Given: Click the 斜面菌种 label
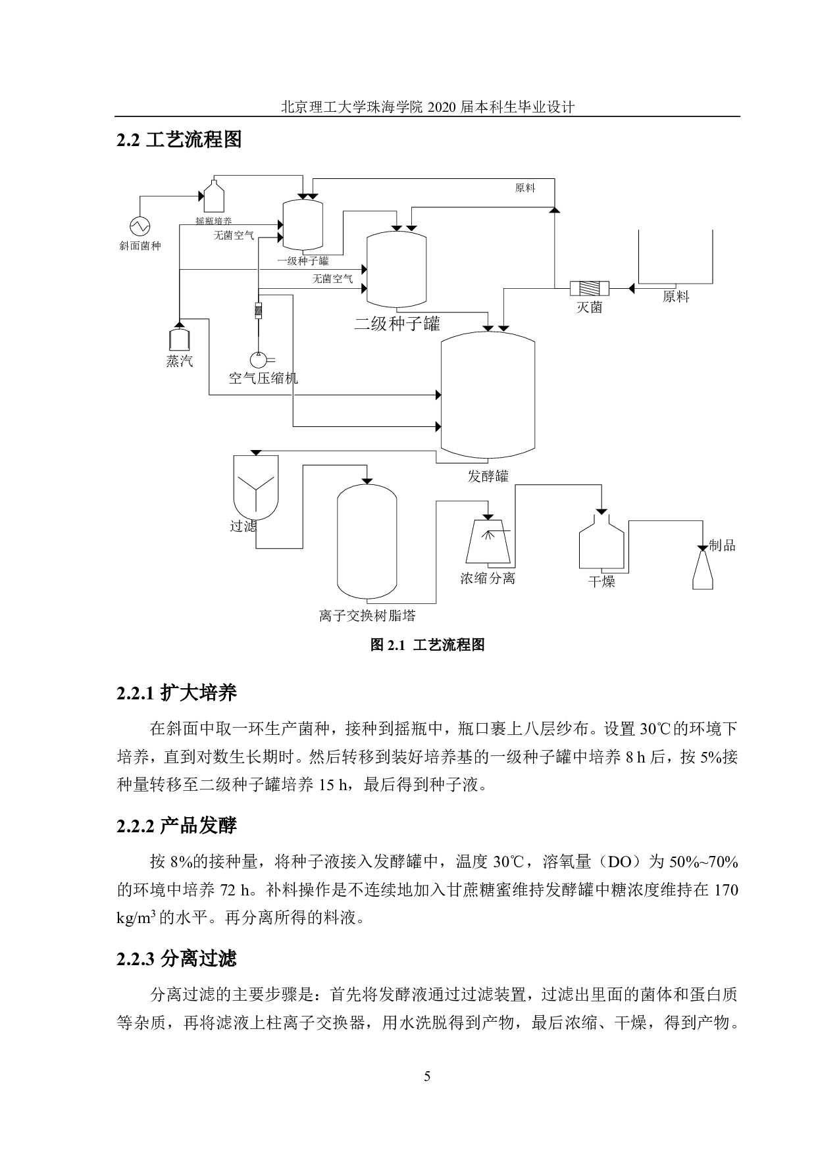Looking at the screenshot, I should [x=140, y=246].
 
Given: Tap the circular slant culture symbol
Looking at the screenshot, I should [x=140, y=226].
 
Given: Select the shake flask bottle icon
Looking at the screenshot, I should [x=214, y=196].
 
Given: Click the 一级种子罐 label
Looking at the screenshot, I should [x=303, y=261].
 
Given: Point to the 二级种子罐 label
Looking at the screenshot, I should [x=397, y=324].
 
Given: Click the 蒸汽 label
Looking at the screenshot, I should [x=180, y=361].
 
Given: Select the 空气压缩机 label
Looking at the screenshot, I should [x=263, y=378].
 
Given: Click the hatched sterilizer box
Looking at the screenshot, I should [x=589, y=288].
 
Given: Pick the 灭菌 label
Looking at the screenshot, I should [x=589, y=307].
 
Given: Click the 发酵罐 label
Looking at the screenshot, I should [x=488, y=476].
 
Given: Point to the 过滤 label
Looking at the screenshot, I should [x=242, y=526].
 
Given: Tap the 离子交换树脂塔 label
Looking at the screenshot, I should [x=367, y=616].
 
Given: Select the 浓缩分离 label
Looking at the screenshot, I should [x=487, y=578].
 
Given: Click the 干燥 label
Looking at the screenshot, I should [x=601, y=582].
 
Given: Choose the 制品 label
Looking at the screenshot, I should [x=722, y=545].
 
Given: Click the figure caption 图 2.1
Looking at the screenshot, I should [x=427, y=645].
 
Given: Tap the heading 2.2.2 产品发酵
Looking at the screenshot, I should [x=176, y=826].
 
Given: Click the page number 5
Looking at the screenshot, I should [x=427, y=1077].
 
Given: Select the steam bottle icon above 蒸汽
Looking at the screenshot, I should [x=179, y=338].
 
